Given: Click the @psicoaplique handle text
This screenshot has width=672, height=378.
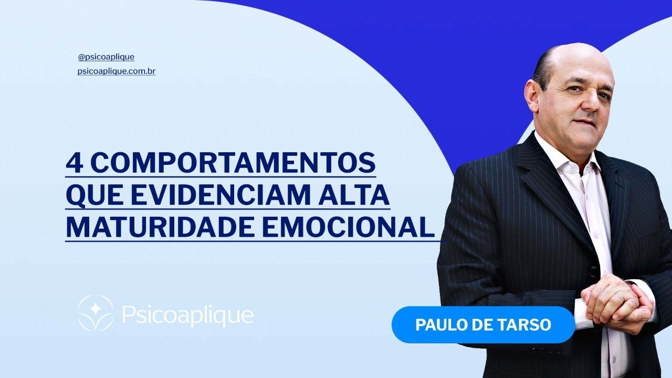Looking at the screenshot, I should (x=106, y=57).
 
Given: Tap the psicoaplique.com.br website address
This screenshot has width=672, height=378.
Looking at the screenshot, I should (x=116, y=71).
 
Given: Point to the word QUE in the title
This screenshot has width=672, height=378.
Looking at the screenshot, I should (x=90, y=196).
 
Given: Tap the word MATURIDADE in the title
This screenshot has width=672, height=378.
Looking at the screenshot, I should (x=160, y=228).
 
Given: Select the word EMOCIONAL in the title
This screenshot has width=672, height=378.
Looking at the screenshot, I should (x=349, y=228).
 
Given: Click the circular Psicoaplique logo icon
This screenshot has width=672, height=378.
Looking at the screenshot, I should (x=96, y=313).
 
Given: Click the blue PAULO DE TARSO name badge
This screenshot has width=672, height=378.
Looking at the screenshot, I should (x=483, y=324).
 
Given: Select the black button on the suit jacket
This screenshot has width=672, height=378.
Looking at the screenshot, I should (x=594, y=272).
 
